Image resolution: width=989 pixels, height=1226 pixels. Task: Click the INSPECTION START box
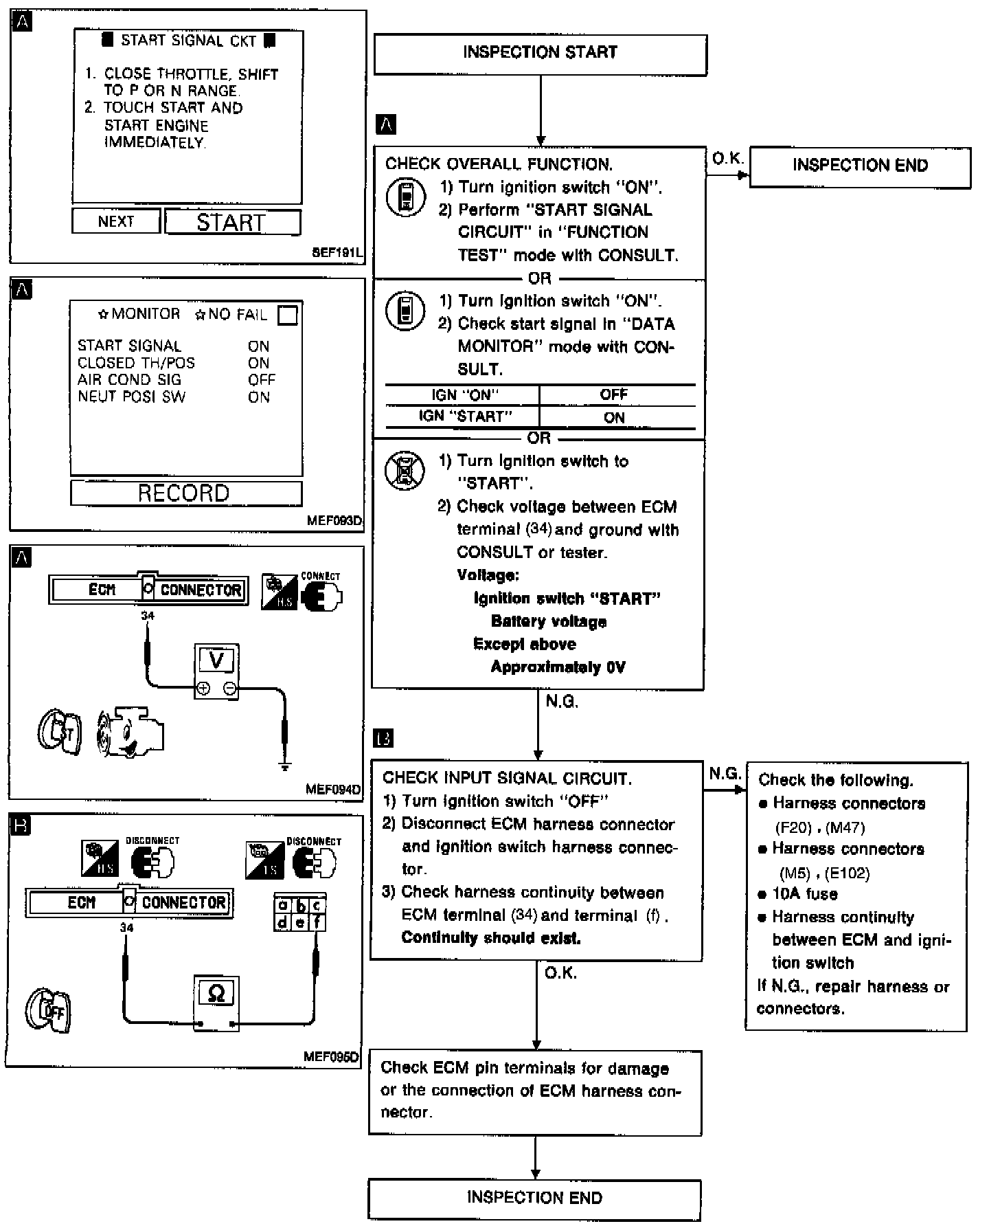[540, 54]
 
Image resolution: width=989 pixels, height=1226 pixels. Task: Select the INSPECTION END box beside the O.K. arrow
[860, 166]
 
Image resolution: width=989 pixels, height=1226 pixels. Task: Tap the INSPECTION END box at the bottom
[534, 1198]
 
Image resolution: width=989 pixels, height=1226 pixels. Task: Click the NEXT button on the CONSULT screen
[116, 221]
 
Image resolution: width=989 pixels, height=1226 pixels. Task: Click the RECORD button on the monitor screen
[185, 493]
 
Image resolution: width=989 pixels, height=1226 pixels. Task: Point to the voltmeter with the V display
[216, 671]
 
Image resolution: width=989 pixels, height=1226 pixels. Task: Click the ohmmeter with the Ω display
[216, 1001]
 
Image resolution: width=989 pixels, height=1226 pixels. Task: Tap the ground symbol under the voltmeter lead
[285, 765]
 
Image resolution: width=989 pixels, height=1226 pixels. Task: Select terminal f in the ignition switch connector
[317, 922]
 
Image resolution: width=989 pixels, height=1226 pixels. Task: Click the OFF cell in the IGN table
[614, 394]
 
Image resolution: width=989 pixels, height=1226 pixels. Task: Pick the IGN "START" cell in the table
[465, 416]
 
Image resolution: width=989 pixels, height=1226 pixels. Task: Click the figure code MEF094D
[333, 790]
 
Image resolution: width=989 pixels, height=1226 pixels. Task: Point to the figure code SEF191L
[336, 253]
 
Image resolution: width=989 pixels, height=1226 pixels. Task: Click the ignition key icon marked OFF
[49, 1010]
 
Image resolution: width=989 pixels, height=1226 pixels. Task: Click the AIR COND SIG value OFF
[261, 380]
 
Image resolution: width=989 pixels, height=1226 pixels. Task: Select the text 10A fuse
[804, 894]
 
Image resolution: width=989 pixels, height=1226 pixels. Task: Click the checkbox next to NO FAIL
[288, 315]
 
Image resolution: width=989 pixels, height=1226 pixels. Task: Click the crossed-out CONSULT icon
[405, 471]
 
